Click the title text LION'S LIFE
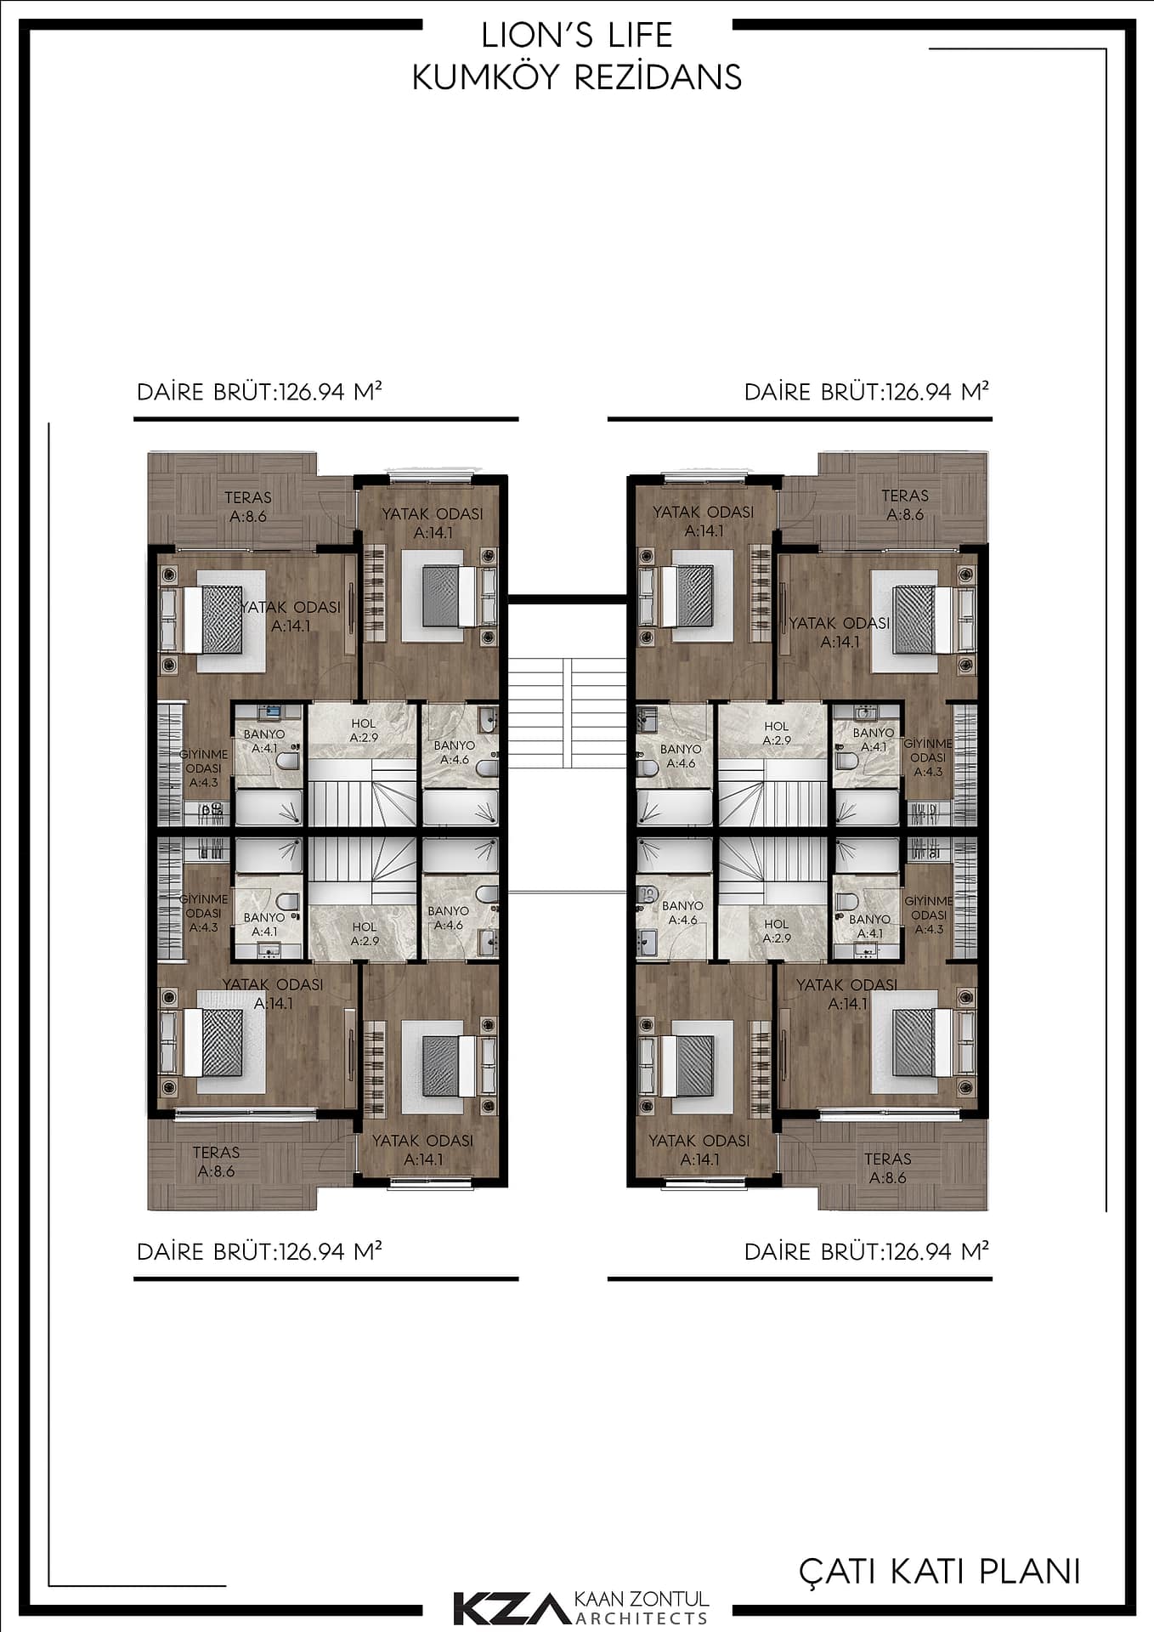click(x=577, y=36)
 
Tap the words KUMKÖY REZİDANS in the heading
click(x=577, y=77)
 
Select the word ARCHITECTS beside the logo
click(x=642, y=1618)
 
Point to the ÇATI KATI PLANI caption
click(x=940, y=1572)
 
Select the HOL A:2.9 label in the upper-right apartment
click(x=777, y=734)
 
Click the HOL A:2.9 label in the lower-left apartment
click(x=365, y=934)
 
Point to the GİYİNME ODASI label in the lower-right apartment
click(x=928, y=915)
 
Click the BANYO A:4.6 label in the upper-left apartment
click(x=455, y=752)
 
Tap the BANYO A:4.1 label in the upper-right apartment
click(x=874, y=739)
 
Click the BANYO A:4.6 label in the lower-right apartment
click(x=682, y=913)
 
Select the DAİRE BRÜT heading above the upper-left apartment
click(x=259, y=392)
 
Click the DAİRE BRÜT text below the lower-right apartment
click(x=867, y=1251)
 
